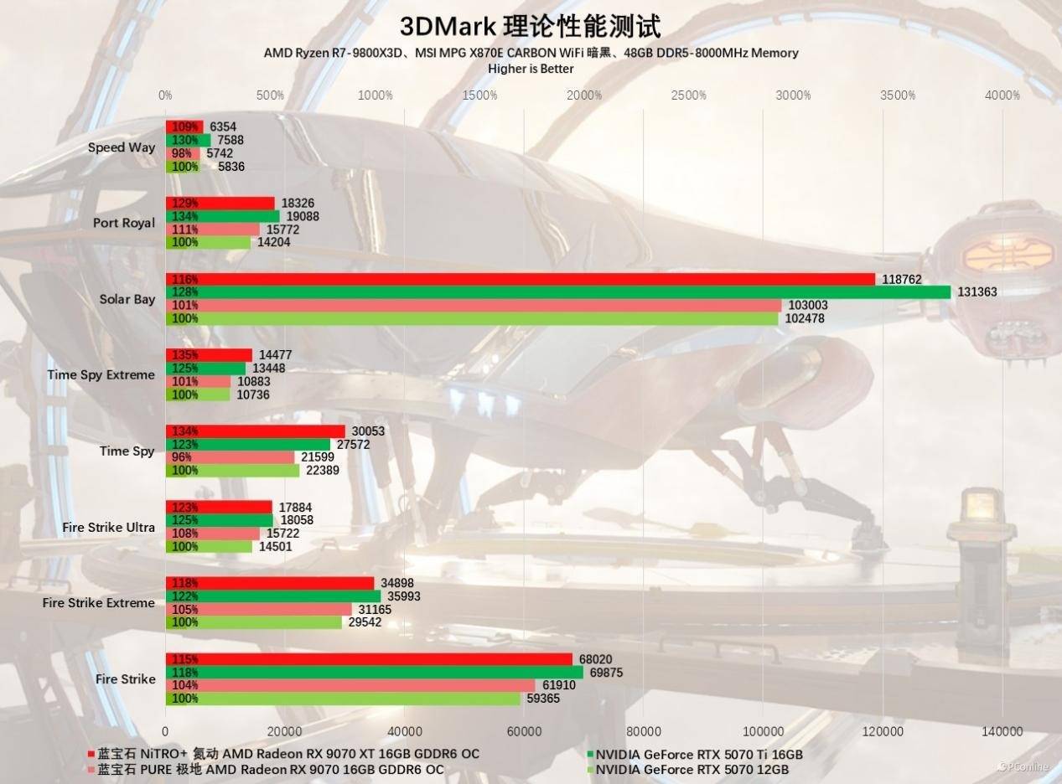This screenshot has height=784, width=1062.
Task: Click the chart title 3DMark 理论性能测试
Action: point(530,26)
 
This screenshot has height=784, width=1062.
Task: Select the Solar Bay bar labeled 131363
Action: point(557,292)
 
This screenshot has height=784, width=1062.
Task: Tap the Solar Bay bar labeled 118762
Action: point(520,279)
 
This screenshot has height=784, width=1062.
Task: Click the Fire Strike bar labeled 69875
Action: point(374,673)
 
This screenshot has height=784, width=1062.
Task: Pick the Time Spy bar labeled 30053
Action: point(255,431)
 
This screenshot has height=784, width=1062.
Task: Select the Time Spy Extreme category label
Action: point(101,375)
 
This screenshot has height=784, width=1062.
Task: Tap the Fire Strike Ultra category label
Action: point(108,528)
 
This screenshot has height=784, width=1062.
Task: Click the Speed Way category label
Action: point(122,147)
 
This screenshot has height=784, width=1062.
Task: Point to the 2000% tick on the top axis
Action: point(584,95)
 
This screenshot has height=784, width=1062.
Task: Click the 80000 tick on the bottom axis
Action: point(644,731)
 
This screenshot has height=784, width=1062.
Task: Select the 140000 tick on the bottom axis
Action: point(1002,731)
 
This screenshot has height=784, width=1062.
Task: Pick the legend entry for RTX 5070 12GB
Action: point(692,770)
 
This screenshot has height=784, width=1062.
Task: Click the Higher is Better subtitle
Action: point(531,68)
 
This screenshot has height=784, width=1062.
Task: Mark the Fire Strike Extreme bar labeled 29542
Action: point(253,622)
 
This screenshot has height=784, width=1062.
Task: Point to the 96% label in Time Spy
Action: point(181,457)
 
